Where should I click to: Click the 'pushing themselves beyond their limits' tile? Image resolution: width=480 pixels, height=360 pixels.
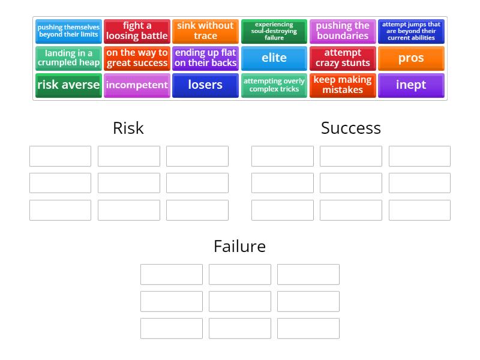pyautogui.click(x=68, y=31)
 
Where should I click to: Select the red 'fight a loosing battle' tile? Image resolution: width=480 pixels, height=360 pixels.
pyautogui.click(x=137, y=31)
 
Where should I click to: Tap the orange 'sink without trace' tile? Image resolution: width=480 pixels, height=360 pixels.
pyautogui.click(x=205, y=31)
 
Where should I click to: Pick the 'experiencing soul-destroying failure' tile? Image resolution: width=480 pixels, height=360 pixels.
pyautogui.click(x=274, y=31)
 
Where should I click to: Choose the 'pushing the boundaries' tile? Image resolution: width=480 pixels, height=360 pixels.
pyautogui.click(x=343, y=31)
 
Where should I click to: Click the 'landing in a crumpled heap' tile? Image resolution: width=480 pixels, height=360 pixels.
pyautogui.click(x=68, y=58)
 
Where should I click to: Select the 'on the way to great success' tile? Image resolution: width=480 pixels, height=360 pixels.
pyautogui.click(x=137, y=58)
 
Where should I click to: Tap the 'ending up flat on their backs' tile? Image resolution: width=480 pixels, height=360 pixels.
pyautogui.click(x=205, y=58)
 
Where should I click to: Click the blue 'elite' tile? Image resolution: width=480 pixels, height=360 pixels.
pyautogui.click(x=274, y=58)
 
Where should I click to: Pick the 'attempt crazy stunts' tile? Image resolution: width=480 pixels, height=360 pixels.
pyautogui.click(x=343, y=58)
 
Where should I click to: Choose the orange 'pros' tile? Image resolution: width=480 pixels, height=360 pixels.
pyautogui.click(x=411, y=58)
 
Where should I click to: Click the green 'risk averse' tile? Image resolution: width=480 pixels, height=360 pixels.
pyautogui.click(x=68, y=85)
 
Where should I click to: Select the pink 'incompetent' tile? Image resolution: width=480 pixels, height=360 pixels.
pyautogui.click(x=137, y=85)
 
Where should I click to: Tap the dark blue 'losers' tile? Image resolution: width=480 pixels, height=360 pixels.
pyautogui.click(x=205, y=85)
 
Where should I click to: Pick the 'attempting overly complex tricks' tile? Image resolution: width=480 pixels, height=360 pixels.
pyautogui.click(x=274, y=85)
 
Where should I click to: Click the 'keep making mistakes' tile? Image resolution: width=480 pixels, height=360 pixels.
pyautogui.click(x=343, y=85)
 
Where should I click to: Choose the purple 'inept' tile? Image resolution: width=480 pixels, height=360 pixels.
pyautogui.click(x=411, y=85)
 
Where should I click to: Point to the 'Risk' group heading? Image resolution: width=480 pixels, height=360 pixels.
pyautogui.click(x=128, y=128)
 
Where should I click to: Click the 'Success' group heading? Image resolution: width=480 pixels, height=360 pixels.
pyautogui.click(x=351, y=128)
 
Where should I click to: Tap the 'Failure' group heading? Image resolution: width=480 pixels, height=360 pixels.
pyautogui.click(x=239, y=247)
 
